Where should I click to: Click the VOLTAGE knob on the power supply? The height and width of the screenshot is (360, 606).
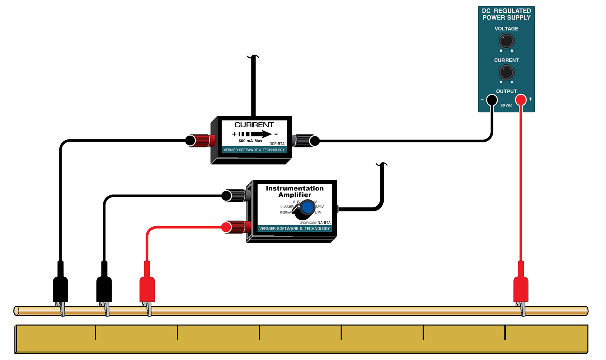click(x=506, y=41)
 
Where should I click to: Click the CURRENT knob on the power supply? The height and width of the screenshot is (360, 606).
click(x=506, y=73)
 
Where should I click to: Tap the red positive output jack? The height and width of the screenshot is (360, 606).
click(x=521, y=100)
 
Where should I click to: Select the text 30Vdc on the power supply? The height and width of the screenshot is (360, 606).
click(x=507, y=106)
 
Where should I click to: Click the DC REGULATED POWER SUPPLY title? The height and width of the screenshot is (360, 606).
click(x=507, y=14)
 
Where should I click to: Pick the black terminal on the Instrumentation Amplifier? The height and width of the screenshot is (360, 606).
click(x=235, y=195)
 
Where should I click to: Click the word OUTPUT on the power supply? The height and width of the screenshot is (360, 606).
click(x=507, y=91)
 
